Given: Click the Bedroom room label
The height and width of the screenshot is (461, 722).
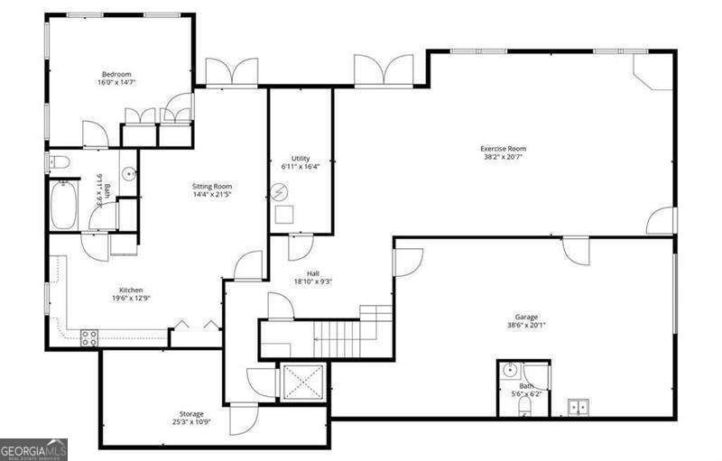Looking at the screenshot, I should [x=117, y=74].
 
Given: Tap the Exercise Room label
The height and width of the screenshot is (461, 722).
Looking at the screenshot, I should [x=503, y=149].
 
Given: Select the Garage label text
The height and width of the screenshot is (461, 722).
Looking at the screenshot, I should [x=526, y=318].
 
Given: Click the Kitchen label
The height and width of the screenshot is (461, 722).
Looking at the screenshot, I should [x=132, y=290].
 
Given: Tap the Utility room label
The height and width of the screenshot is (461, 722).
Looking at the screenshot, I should [x=301, y=159].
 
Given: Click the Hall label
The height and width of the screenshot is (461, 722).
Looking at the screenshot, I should [x=312, y=273].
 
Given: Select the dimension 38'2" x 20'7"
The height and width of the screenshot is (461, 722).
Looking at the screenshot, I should [x=503, y=158].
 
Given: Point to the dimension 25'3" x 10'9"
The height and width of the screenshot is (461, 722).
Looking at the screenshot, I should [x=190, y=422].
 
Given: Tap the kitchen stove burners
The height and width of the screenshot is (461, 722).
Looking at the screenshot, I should [x=89, y=337].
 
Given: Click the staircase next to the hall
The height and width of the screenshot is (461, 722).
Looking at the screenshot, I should [x=338, y=337].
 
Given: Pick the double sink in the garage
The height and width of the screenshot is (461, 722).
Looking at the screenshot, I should [x=578, y=406].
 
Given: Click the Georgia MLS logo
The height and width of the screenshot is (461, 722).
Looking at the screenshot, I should [x=33, y=448].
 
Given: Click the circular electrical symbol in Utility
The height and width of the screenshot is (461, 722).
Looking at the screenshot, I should [x=281, y=192].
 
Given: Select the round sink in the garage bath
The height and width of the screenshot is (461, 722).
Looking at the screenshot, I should [x=511, y=370].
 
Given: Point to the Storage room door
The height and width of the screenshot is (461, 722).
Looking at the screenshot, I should [x=244, y=418].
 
